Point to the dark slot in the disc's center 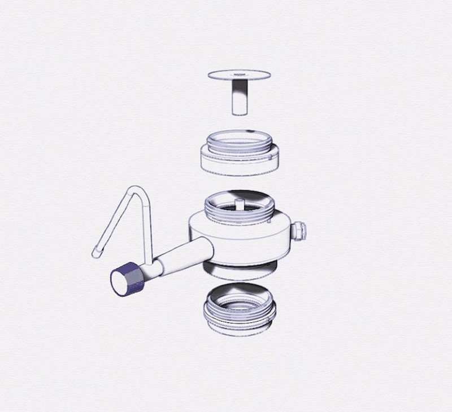[x=240, y=74]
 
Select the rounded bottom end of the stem [x=239, y=112]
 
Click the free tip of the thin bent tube [x=95, y=254]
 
